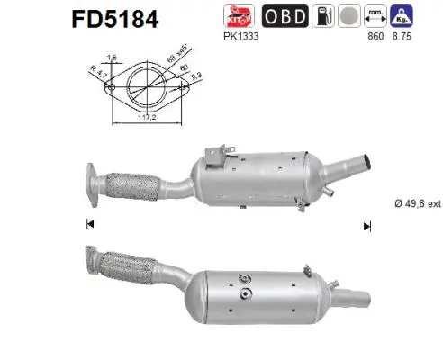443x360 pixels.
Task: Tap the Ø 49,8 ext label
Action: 417,203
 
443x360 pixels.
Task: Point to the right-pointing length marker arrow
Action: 366,226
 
